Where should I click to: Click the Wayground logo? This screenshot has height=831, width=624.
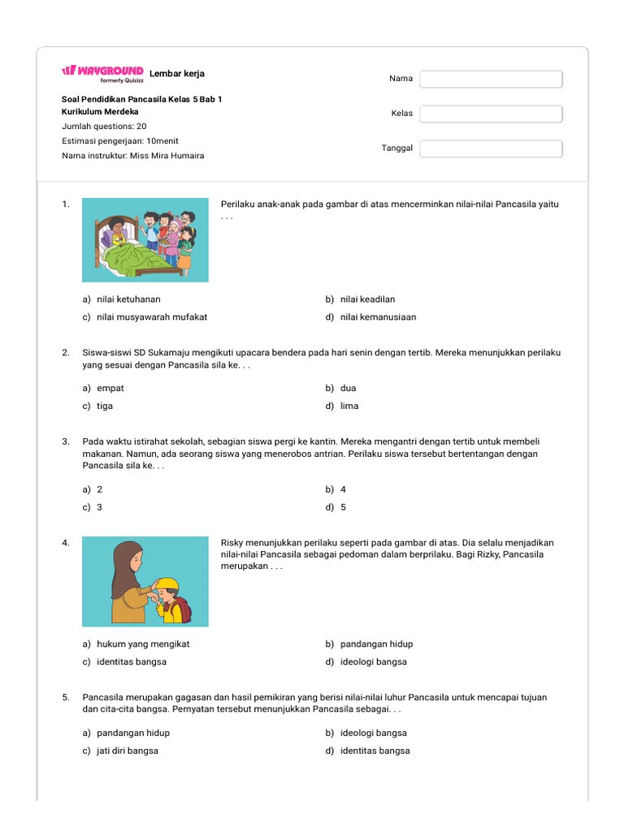[102, 72]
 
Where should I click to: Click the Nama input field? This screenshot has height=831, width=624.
[491, 79]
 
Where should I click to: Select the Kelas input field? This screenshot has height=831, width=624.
[491, 114]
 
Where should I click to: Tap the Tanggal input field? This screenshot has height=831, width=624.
[491, 149]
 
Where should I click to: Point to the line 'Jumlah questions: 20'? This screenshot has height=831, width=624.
[104, 126]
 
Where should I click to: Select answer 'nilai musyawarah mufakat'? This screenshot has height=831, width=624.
[151, 317]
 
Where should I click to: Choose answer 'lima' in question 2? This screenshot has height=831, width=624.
[349, 406]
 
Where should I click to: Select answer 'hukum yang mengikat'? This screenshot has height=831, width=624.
[143, 644]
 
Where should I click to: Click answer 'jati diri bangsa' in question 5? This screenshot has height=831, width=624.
[127, 751]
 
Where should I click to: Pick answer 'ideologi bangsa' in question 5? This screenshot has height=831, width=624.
[373, 733]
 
